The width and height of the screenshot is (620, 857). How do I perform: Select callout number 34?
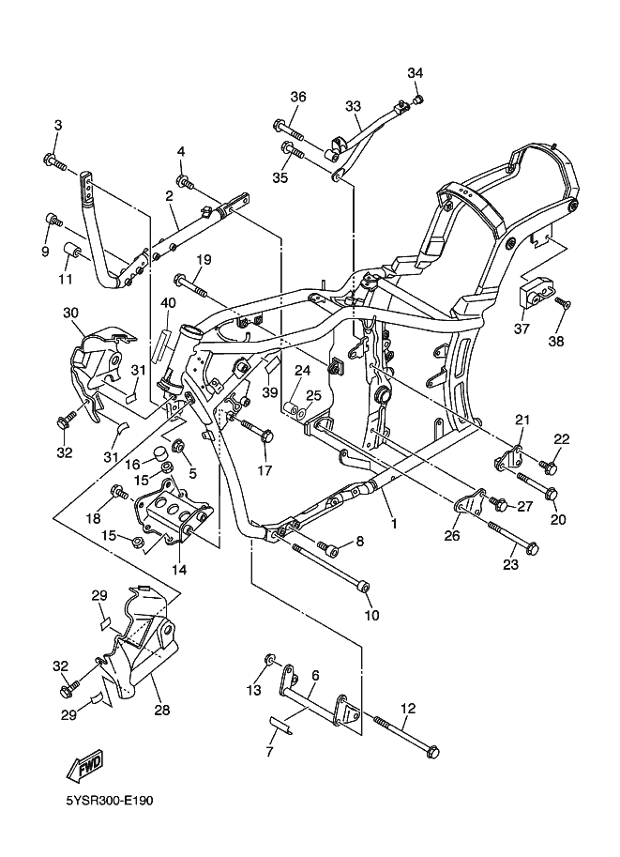coord(416,73)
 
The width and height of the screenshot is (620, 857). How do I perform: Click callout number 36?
coord(298,98)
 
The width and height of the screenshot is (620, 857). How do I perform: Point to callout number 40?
coord(168,303)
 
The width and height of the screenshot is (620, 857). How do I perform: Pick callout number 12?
coord(407,709)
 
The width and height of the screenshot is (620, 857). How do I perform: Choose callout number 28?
coord(161,711)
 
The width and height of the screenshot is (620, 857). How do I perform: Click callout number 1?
coord(394,524)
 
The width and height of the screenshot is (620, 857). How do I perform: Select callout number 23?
coord(510,565)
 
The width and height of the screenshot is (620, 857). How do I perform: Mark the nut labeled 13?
coord(270,662)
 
